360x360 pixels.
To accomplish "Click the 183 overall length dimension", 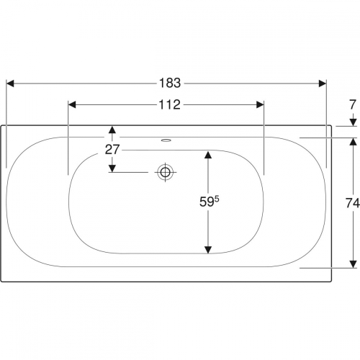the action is [170, 84].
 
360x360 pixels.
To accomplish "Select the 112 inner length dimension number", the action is [169, 105].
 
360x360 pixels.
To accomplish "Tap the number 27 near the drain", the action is [112, 150].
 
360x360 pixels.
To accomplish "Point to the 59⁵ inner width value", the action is [210, 202].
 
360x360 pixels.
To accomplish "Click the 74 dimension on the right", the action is [353, 203].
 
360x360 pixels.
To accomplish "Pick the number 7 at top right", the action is [352, 104].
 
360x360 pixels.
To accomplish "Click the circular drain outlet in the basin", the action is [166, 172].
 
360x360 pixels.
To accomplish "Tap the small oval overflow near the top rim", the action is [166, 140].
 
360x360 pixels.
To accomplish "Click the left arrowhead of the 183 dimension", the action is [10, 84].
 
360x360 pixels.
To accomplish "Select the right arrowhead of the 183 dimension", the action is [323, 84].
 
